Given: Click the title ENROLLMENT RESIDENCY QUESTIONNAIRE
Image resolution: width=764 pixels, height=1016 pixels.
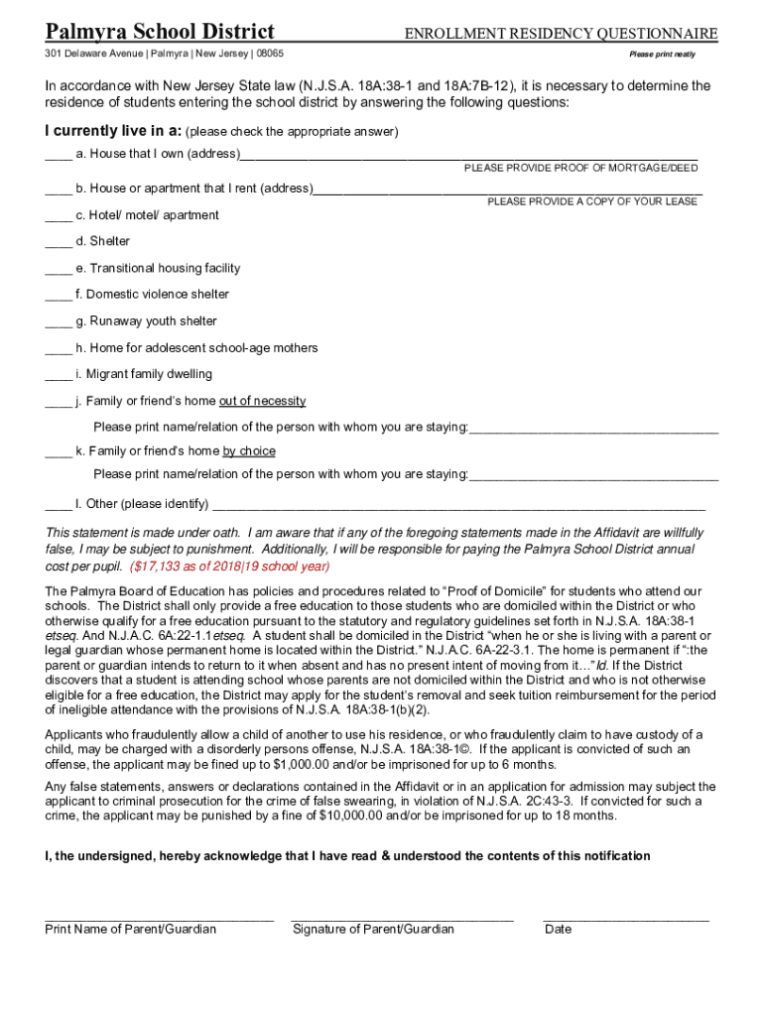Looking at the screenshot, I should [x=561, y=34].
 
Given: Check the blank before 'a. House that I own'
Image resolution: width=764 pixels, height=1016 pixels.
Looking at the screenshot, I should [x=58, y=155].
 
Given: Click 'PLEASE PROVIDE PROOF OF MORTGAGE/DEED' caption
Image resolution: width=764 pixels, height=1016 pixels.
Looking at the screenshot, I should [x=580, y=168].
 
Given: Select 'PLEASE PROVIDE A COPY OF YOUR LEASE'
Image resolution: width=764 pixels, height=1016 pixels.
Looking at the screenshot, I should [x=592, y=201].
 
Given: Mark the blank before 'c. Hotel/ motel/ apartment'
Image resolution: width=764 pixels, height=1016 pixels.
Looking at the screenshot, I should [x=58, y=216].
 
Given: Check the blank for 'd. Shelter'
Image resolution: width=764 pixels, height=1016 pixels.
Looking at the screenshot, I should [x=58, y=242].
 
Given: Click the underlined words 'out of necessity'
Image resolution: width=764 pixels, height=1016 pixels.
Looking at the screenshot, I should [x=262, y=401].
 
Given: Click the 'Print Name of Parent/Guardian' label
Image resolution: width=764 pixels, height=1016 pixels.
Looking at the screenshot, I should [x=130, y=930].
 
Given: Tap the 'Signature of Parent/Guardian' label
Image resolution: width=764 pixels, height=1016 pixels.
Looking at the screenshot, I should [x=373, y=930].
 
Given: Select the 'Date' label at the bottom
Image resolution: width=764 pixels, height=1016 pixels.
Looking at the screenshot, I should [x=558, y=930].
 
